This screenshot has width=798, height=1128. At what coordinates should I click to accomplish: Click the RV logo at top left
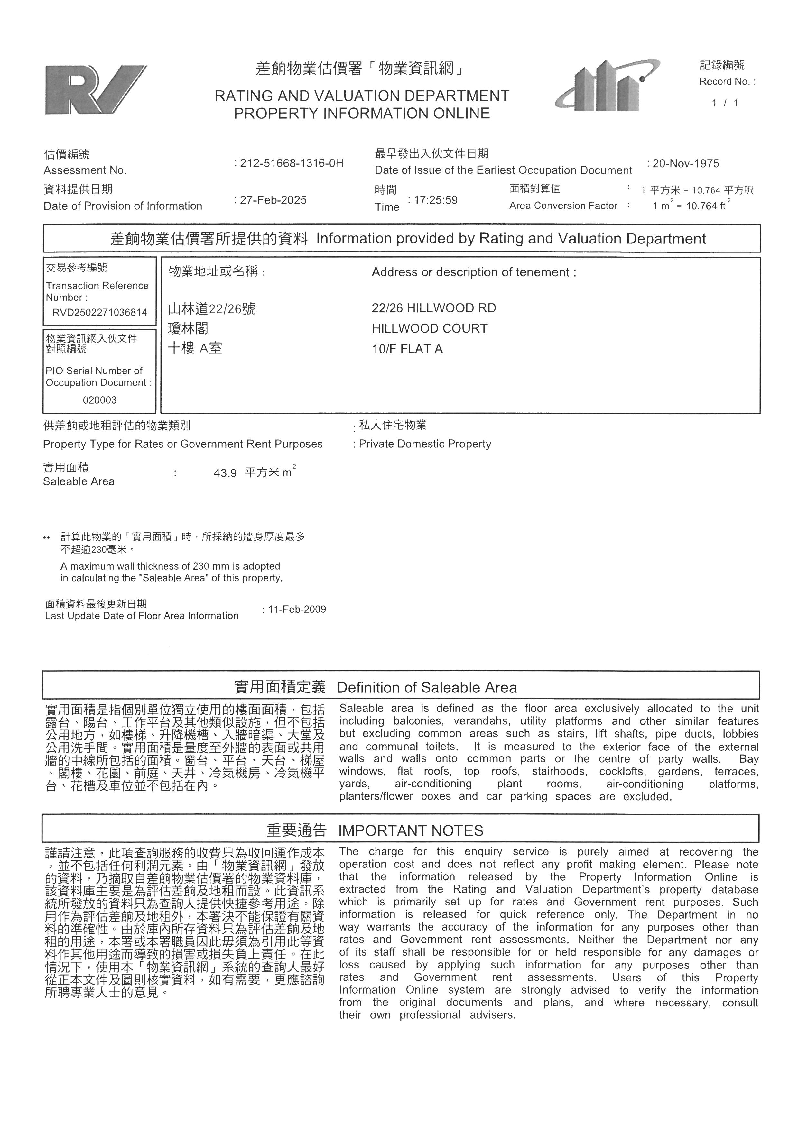tap(95, 90)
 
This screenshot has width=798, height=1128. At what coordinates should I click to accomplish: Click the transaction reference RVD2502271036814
tap(100, 312)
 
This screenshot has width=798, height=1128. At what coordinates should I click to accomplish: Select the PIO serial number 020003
tap(100, 400)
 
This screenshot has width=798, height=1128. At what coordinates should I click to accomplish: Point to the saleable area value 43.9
tap(225, 473)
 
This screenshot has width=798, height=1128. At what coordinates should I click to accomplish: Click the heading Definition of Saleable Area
tap(427, 687)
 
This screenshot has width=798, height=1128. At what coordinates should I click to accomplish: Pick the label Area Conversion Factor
tap(563, 206)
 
